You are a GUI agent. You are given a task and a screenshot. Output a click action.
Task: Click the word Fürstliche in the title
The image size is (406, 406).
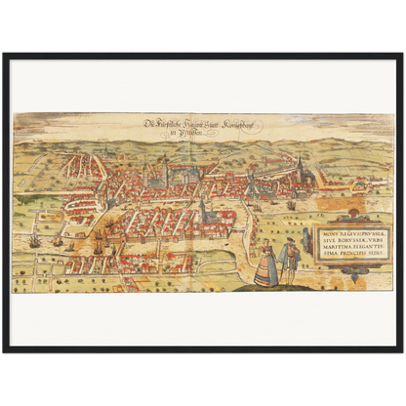tap(167, 125)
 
